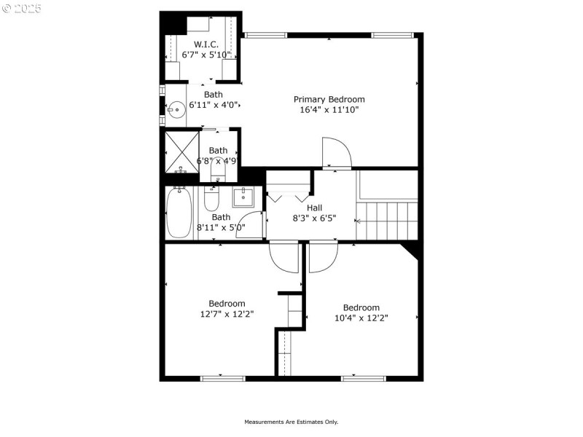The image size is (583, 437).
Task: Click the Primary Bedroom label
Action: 329,99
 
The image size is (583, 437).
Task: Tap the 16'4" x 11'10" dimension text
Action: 329,110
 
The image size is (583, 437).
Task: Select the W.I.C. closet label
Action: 206,44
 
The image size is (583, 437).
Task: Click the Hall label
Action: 314,208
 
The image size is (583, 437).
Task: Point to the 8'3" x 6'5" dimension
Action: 314,218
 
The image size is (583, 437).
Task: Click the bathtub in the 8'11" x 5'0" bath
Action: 179,213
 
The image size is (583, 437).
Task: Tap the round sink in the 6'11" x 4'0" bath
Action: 176,111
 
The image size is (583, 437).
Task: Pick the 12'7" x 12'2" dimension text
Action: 227,314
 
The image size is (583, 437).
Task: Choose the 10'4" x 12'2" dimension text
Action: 361,318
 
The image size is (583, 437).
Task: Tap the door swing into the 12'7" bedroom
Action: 283,256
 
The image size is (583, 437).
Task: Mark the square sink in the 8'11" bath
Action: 243,196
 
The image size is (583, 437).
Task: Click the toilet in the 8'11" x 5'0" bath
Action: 211,198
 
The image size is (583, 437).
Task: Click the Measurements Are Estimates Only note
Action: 291,422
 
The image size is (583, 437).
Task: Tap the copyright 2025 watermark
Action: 22,8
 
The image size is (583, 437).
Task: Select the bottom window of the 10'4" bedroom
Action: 363,378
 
